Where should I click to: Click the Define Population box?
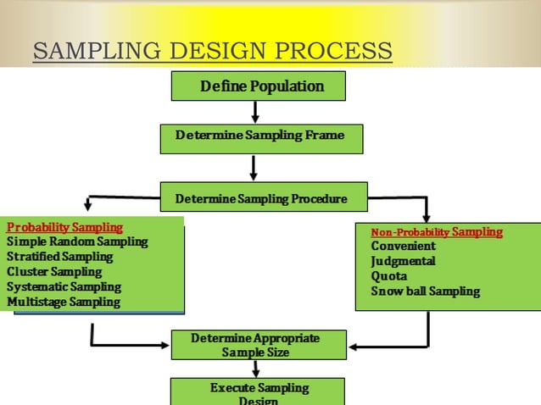click(259, 86)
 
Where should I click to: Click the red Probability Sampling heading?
click(64, 227)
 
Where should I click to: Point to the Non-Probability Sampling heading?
click(437, 231)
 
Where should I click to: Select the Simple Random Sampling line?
click(77, 242)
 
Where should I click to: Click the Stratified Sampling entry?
click(59, 257)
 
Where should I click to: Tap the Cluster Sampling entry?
click(54, 272)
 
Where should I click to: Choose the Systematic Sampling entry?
click(64, 287)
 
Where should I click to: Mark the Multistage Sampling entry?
click(64, 302)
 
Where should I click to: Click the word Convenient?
click(403, 247)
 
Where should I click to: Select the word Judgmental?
click(403, 261)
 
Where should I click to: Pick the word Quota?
click(389, 276)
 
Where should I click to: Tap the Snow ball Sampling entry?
click(425, 291)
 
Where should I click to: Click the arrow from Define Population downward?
click(254, 112)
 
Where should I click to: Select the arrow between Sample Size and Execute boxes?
click(255, 369)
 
